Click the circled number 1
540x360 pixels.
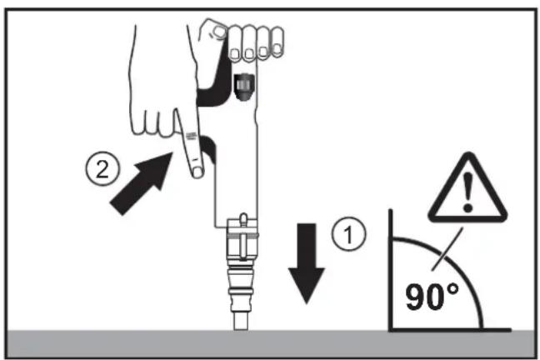coord(348,234)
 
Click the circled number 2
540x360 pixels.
coord(102,169)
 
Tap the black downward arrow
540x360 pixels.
coord(307,263)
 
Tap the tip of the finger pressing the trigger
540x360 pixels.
coord(197,172)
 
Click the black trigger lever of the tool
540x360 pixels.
coord(208,148)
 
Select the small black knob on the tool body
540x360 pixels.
coord(244,87)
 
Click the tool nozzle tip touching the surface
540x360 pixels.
coord(241,320)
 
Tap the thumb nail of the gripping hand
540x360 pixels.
coord(219,32)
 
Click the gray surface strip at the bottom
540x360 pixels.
coord(270,344)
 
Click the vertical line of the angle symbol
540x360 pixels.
coord(391,269)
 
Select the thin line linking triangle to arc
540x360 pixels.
coord(447,251)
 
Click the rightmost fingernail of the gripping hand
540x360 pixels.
coord(277,48)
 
